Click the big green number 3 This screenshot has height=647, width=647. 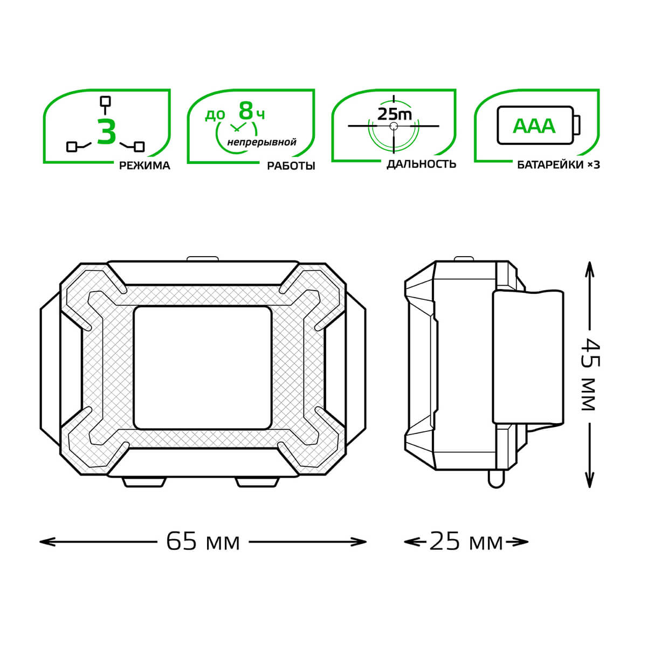click(106, 131)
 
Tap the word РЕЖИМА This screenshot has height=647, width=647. click(144, 166)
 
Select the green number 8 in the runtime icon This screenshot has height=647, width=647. click(246, 111)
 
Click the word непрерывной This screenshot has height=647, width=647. click(262, 142)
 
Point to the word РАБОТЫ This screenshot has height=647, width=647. click(291, 166)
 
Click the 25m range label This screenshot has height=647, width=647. click(395, 114)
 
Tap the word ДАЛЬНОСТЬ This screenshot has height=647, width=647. click(422, 164)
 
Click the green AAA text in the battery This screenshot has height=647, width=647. click(534, 126)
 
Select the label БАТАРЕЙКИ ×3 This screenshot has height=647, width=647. click(559, 165)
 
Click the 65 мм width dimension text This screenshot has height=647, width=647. click(203, 541)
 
